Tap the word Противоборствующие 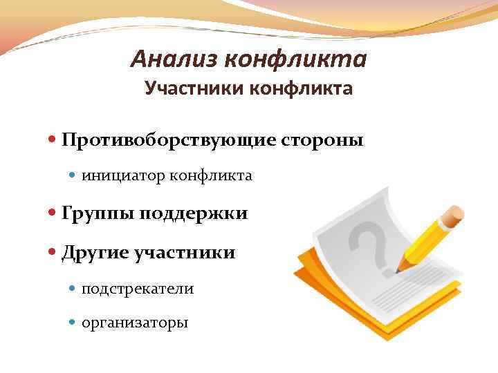pyautogui.click(x=169, y=140)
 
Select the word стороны pyautogui.click(x=322, y=140)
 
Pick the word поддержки pyautogui.click(x=193, y=214)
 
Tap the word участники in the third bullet pyautogui.click(x=186, y=253)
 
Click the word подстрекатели pyautogui.click(x=137, y=289)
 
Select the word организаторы pyautogui.click(x=134, y=323)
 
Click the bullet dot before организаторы pyautogui.click(x=74, y=323)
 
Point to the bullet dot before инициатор pyautogui.click(x=74, y=176)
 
